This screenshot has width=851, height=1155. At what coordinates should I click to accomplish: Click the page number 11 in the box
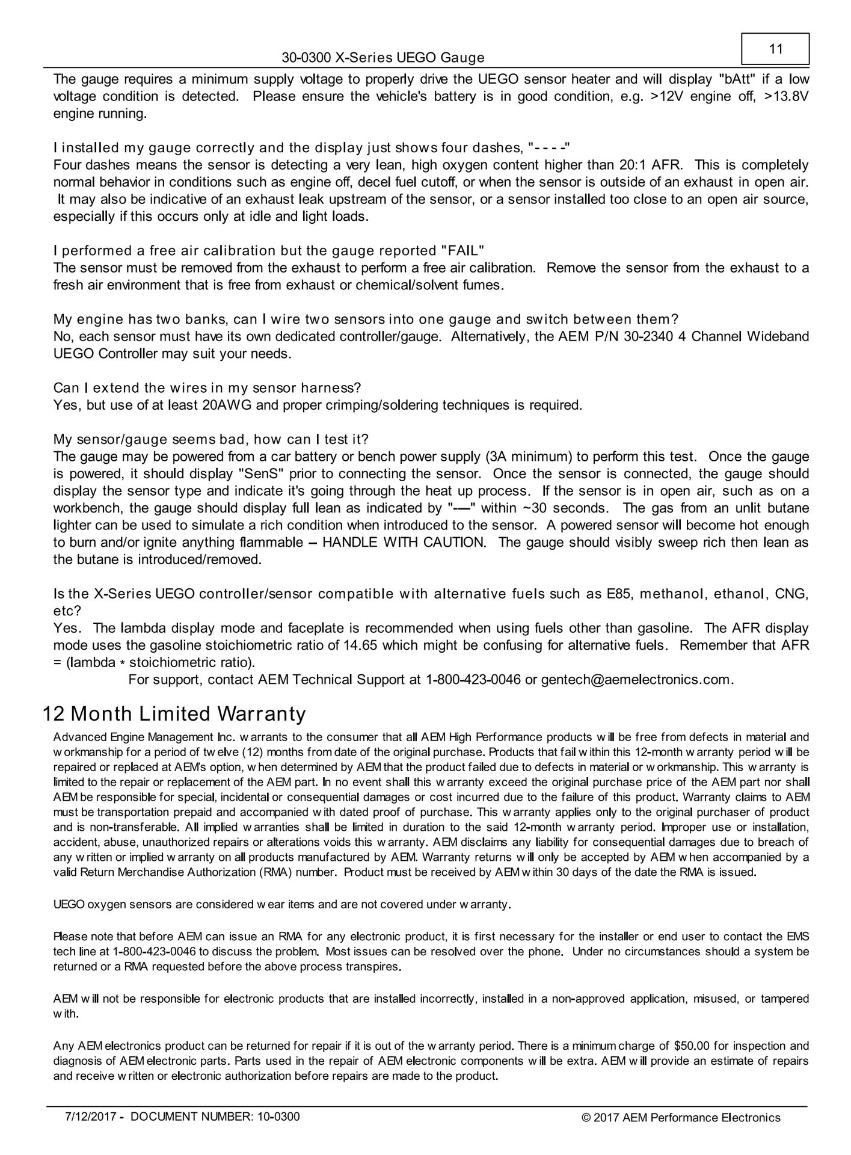coord(776,49)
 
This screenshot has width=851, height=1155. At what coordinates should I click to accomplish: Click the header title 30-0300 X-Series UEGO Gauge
coord(383,58)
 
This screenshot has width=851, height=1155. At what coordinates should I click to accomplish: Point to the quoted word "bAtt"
coord(742,79)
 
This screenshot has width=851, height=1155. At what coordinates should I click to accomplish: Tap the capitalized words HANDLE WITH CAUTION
coord(404,543)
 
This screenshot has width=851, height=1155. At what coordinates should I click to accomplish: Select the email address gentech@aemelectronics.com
coord(636,680)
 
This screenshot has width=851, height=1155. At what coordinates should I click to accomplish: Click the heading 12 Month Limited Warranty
coord(174,714)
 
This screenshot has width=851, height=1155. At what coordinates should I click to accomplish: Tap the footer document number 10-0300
coord(278,1117)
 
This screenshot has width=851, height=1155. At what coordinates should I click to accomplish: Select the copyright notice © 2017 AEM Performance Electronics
coord(681,1118)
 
